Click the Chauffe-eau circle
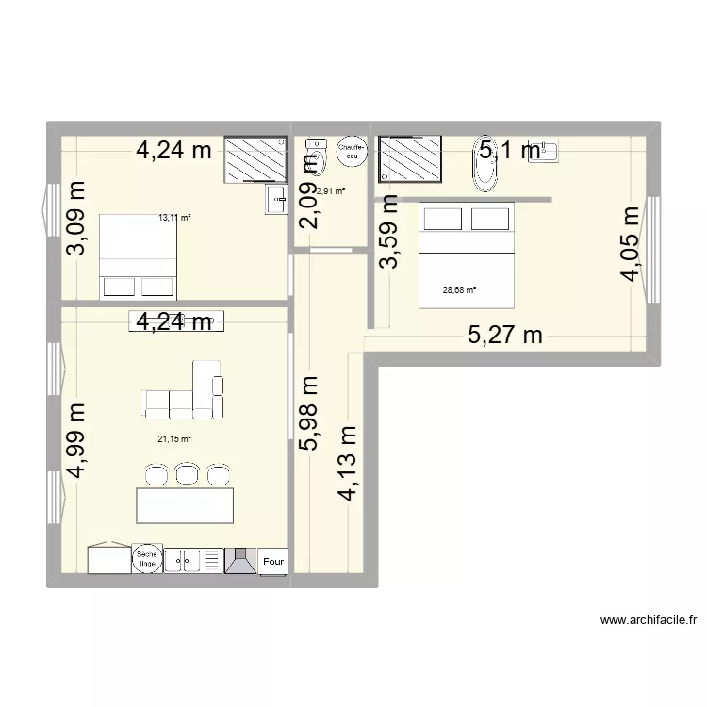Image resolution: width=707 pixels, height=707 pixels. coord(350,153)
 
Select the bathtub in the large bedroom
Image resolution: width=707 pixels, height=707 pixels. coord(486,169)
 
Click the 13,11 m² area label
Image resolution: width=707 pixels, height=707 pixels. coord(174,218)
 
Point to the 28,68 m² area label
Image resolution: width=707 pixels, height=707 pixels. coord(459,290)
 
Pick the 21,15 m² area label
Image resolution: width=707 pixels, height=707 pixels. coord(174,438)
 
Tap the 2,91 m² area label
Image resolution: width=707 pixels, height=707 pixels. coord(330,191)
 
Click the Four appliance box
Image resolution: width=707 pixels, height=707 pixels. coord(273,561)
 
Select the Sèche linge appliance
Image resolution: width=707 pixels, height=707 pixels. coord(146,559)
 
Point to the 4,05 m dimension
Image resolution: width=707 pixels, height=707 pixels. coord(630,243)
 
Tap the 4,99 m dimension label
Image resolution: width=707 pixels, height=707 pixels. coord(74,441)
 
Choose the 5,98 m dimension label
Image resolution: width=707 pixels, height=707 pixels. coord(309,414)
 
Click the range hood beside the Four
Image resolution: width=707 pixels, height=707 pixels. coord(241,561)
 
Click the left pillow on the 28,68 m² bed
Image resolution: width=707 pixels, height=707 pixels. coord(440,220)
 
